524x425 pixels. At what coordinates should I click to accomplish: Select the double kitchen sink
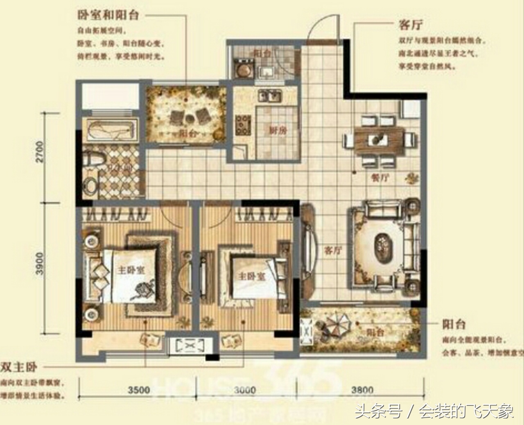coord(269,97)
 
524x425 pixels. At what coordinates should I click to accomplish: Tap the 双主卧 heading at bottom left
coord(19,366)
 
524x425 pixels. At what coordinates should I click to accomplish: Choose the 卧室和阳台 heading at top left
coord(108,15)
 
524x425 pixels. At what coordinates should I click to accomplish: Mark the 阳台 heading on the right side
coord(454,325)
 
